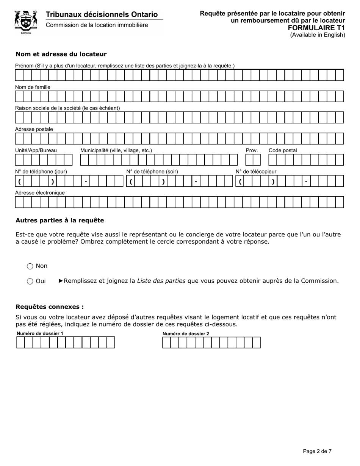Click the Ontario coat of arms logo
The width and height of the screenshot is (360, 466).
tap(26, 22)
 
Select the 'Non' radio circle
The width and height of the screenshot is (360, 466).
tap(30, 266)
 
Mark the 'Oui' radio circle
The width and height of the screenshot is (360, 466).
tap(30, 281)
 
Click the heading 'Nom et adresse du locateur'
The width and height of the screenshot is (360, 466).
tap(61, 54)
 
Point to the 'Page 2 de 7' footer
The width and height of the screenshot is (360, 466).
tap(317, 451)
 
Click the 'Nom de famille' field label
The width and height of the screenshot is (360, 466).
tap(33, 87)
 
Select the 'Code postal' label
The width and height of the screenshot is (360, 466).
tap(283, 150)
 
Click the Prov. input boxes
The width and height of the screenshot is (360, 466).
tap(250, 160)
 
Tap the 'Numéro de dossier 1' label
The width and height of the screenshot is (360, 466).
tap(40, 333)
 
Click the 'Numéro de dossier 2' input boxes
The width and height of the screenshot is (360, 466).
tap(211, 342)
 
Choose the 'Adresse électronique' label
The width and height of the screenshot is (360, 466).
tap(40, 192)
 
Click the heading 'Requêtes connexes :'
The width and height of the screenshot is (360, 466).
tap(50, 307)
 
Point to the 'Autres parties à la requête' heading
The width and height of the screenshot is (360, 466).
tap(59, 220)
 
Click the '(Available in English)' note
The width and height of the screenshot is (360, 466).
tap(318, 35)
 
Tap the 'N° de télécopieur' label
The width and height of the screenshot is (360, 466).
tap(256, 172)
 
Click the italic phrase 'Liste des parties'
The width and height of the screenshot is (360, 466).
tap(161, 281)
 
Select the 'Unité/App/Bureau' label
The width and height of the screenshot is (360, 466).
tap(36, 150)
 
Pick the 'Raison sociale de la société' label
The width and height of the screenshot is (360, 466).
tap(67, 108)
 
